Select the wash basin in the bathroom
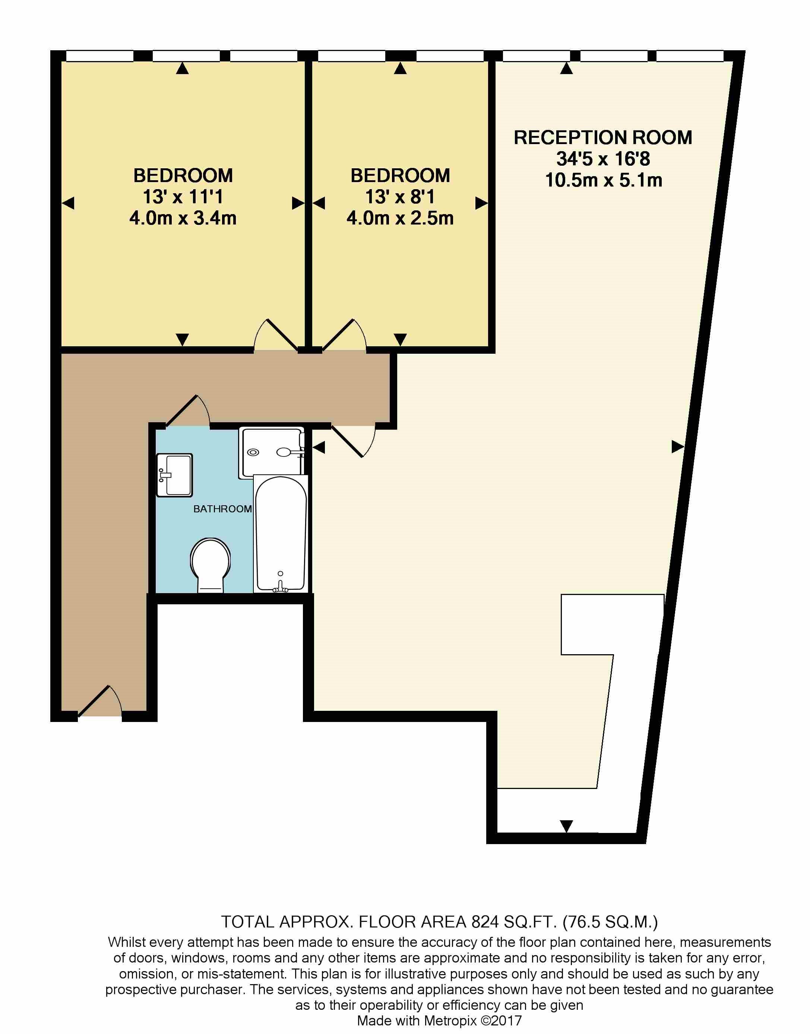[174, 475]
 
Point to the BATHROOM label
[222, 509]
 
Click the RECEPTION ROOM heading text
[603, 137]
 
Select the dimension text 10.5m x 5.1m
[603, 181]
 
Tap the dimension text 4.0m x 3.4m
[183, 219]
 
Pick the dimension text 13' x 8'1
[400, 197]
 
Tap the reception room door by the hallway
[353, 441]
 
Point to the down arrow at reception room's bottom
[566, 826]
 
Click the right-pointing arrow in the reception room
[678, 446]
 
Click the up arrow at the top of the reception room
[566, 69]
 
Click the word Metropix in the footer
[450, 1020]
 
